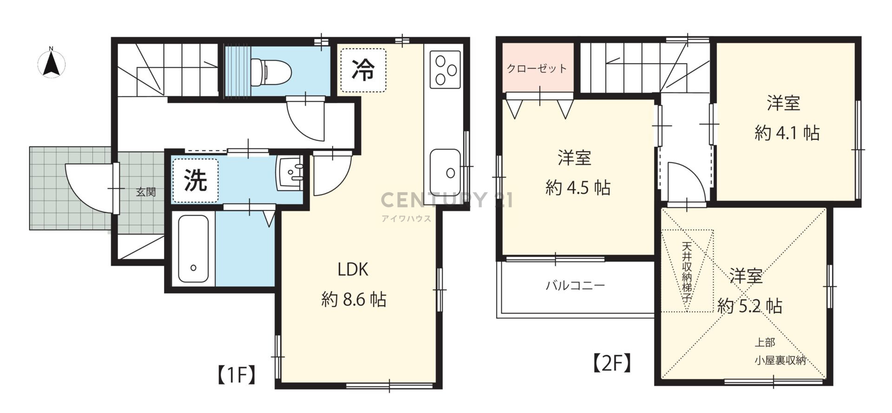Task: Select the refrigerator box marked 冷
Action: pyautogui.click(x=363, y=70)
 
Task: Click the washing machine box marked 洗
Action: pyautogui.click(x=195, y=180)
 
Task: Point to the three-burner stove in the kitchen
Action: pyautogui.click(x=445, y=70)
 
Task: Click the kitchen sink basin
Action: pyautogui.click(x=445, y=172)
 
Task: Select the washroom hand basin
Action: pyautogui.click(x=290, y=173)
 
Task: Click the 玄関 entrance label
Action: pyautogui.click(x=146, y=192)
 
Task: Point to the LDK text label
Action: pyautogui.click(x=353, y=269)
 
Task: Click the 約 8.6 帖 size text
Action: pyautogui.click(x=354, y=300)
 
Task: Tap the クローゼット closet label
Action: pyautogui.click(x=537, y=69)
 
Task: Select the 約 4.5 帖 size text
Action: pyautogui.click(x=577, y=188)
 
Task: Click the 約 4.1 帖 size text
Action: pyautogui.click(x=787, y=133)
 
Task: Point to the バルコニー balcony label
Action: pyautogui.click(x=575, y=285)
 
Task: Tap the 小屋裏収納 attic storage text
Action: pyautogui.click(x=780, y=361)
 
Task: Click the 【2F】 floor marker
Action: pyautogui.click(x=612, y=363)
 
